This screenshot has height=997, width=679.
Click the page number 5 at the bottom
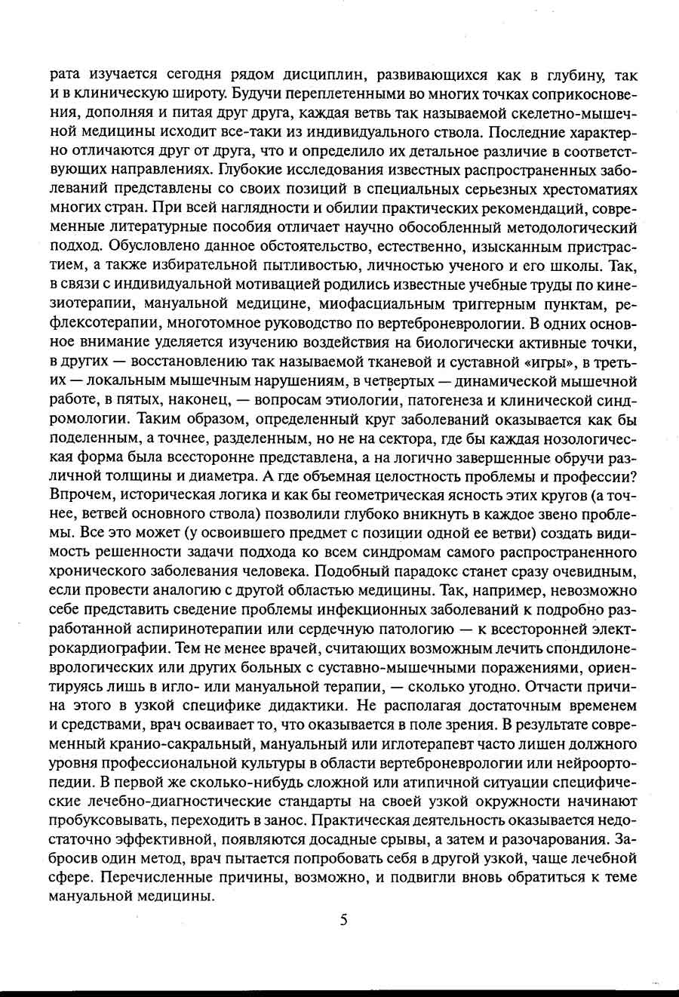point(343,920)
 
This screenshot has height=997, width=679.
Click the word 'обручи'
point(573,457)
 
